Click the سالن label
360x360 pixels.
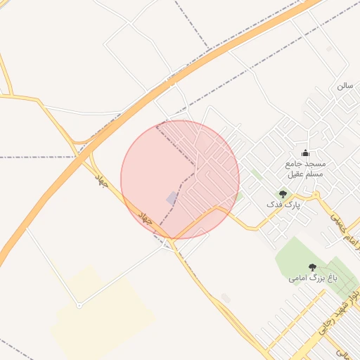[x=345, y=86]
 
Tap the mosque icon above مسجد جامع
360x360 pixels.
[x=305, y=153]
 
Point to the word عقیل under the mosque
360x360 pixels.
[x=296, y=173]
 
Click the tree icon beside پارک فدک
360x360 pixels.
[x=283, y=193]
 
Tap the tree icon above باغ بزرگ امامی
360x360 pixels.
[x=312, y=267]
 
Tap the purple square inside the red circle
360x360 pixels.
[x=172, y=199]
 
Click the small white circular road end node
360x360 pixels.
[x=79, y=305]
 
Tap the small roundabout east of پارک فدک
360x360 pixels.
[x=316, y=195]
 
